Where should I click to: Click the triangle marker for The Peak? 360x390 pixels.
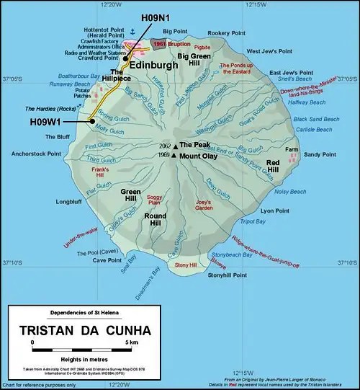click(174, 144)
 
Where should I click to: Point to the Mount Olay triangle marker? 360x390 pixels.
click(174, 155)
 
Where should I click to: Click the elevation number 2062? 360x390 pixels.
click(164, 145)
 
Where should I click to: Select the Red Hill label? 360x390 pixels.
click(274, 167)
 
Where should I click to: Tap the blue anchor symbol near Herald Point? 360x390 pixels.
click(132, 34)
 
